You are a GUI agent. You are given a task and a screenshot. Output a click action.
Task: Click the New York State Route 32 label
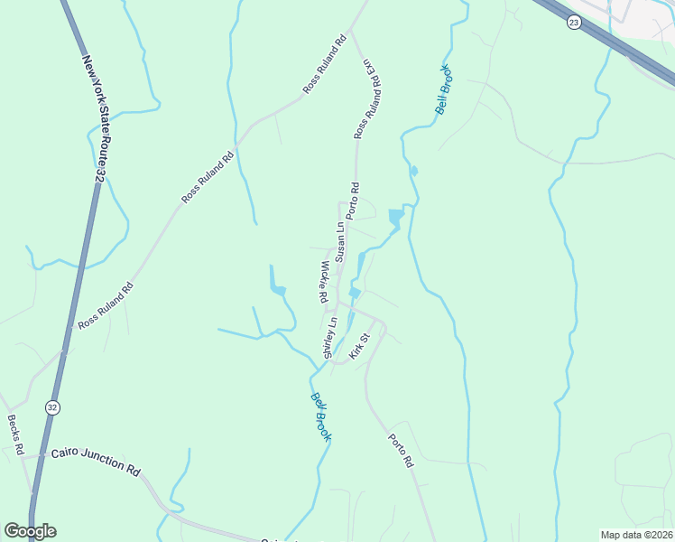(98, 118)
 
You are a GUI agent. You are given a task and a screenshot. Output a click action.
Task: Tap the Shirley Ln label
(329, 336)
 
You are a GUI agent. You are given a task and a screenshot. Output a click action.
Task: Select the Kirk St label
(360, 345)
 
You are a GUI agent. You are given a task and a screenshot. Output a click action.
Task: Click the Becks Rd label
(17, 435)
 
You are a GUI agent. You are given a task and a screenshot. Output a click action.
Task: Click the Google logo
(30, 530)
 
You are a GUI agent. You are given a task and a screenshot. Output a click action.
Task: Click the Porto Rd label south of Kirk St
(401, 451)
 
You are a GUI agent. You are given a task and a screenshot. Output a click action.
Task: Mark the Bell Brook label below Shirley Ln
(321, 416)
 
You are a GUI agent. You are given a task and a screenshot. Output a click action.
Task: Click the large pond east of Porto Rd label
(395, 218)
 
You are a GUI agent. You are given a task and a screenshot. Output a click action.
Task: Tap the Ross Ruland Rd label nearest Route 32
(106, 304)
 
